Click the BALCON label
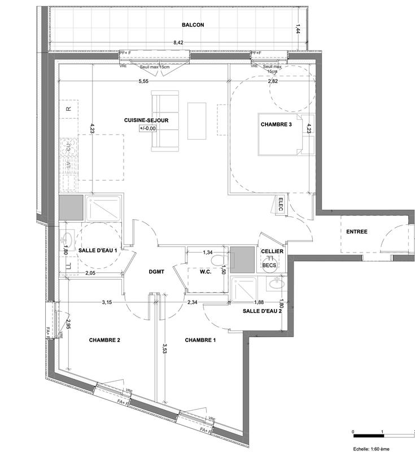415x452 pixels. click(x=193, y=25)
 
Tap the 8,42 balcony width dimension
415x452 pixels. click(x=178, y=42)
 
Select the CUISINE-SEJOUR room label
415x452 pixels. click(x=147, y=120)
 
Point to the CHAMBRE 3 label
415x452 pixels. click(x=276, y=125)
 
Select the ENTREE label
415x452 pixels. click(x=357, y=232)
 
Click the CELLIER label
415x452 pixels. click(x=272, y=251)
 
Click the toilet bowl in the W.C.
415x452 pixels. click(x=220, y=260)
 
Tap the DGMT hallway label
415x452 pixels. click(x=156, y=272)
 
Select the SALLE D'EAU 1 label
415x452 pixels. click(x=98, y=250)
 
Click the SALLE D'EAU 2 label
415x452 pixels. click(x=262, y=311)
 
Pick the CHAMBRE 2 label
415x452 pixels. click(x=104, y=340)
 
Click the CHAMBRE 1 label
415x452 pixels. click(x=200, y=340)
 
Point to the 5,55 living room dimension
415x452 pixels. click(x=143, y=81)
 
